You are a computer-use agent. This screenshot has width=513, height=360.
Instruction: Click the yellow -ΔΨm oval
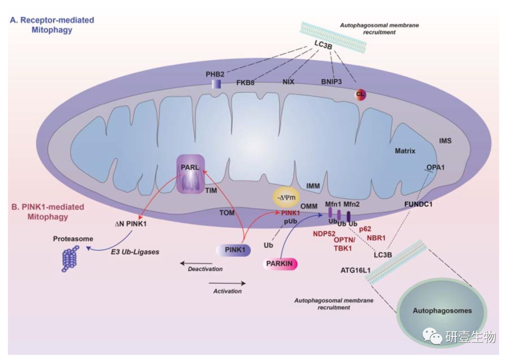click(x=287, y=196)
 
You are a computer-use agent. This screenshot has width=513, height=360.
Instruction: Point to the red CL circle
click(x=361, y=94)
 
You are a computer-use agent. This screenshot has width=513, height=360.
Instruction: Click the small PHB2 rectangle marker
click(x=216, y=84)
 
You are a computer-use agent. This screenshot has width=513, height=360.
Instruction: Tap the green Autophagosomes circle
click(x=442, y=311)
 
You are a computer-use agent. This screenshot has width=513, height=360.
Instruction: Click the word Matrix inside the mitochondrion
click(x=405, y=152)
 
